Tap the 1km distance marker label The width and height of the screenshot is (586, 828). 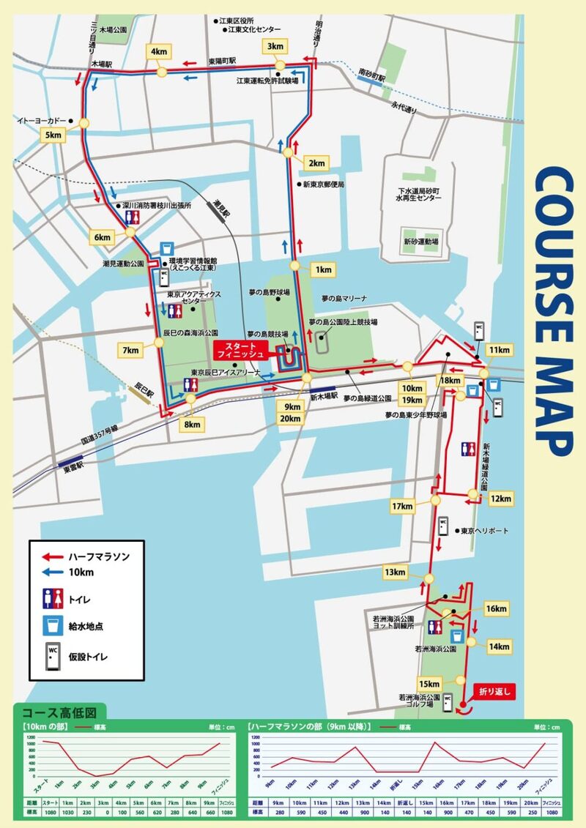(x=322, y=269)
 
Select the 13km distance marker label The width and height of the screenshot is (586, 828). (x=394, y=572)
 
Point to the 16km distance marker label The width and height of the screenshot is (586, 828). (x=496, y=609)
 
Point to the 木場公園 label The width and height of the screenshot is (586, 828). (x=113, y=30)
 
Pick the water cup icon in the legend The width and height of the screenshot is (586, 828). (x=51, y=626)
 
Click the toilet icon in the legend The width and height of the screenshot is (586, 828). (x=51, y=600)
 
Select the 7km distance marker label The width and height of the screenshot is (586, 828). (x=130, y=351)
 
